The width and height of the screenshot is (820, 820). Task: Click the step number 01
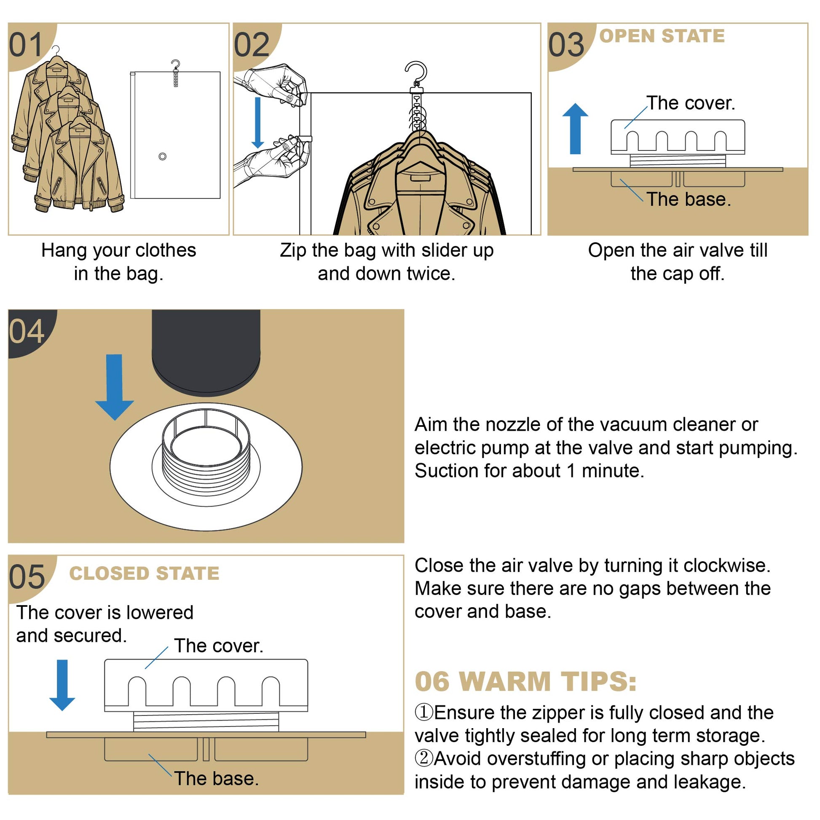click(x=26, y=45)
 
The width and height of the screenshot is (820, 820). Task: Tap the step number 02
click(x=252, y=45)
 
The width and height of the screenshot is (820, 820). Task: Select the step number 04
click(x=27, y=332)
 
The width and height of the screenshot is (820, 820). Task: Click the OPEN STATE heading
click(x=662, y=36)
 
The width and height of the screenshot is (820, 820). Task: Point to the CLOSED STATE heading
click(x=144, y=573)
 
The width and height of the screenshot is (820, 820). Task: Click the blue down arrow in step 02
click(x=257, y=123)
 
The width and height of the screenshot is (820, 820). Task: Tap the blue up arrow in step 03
click(x=575, y=129)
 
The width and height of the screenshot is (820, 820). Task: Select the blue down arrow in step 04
click(x=114, y=387)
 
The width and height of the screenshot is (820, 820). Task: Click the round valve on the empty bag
click(x=162, y=157)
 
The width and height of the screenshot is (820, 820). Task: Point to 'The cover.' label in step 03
click(x=691, y=103)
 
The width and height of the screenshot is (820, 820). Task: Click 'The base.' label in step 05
click(x=217, y=778)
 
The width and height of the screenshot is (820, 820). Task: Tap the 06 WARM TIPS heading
click(x=525, y=682)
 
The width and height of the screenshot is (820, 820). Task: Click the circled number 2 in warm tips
click(x=423, y=758)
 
